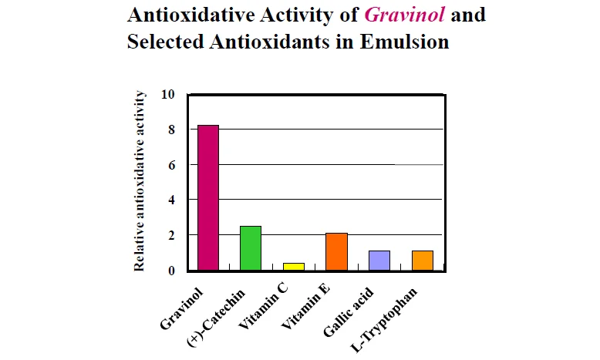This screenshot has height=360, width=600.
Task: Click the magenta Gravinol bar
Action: pos(208,197)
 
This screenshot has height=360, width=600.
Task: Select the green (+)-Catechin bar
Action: pos(251,247)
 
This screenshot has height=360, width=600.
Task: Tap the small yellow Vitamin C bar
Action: pos(294,266)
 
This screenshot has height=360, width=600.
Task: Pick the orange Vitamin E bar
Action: pos(337,251)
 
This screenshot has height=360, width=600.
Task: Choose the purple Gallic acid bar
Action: pos(379,260)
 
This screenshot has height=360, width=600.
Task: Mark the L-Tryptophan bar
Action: pos(423,260)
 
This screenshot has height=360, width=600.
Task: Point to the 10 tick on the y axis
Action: pos(169,94)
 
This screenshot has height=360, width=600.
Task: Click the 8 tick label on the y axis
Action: pos(172,130)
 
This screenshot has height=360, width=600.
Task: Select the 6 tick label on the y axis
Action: pos(172,165)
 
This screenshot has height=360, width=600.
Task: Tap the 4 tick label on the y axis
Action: pos(172,200)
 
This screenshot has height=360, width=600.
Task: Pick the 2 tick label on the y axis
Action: pos(172,235)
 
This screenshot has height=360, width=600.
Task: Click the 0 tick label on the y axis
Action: pos(172,271)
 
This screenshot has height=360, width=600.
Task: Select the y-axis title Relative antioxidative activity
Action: pos(140,180)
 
